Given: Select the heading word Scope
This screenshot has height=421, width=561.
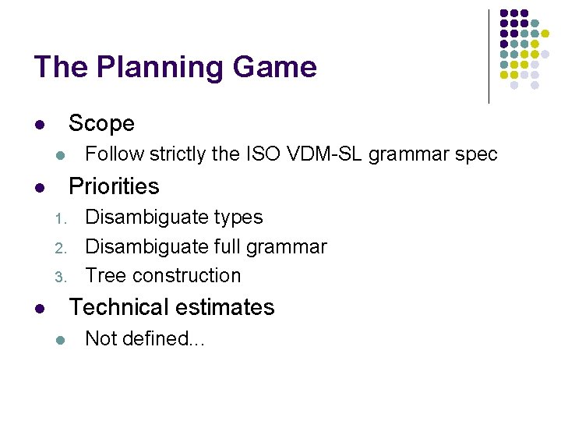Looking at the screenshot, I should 101,123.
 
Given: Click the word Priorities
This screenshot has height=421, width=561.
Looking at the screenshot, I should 114,186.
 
